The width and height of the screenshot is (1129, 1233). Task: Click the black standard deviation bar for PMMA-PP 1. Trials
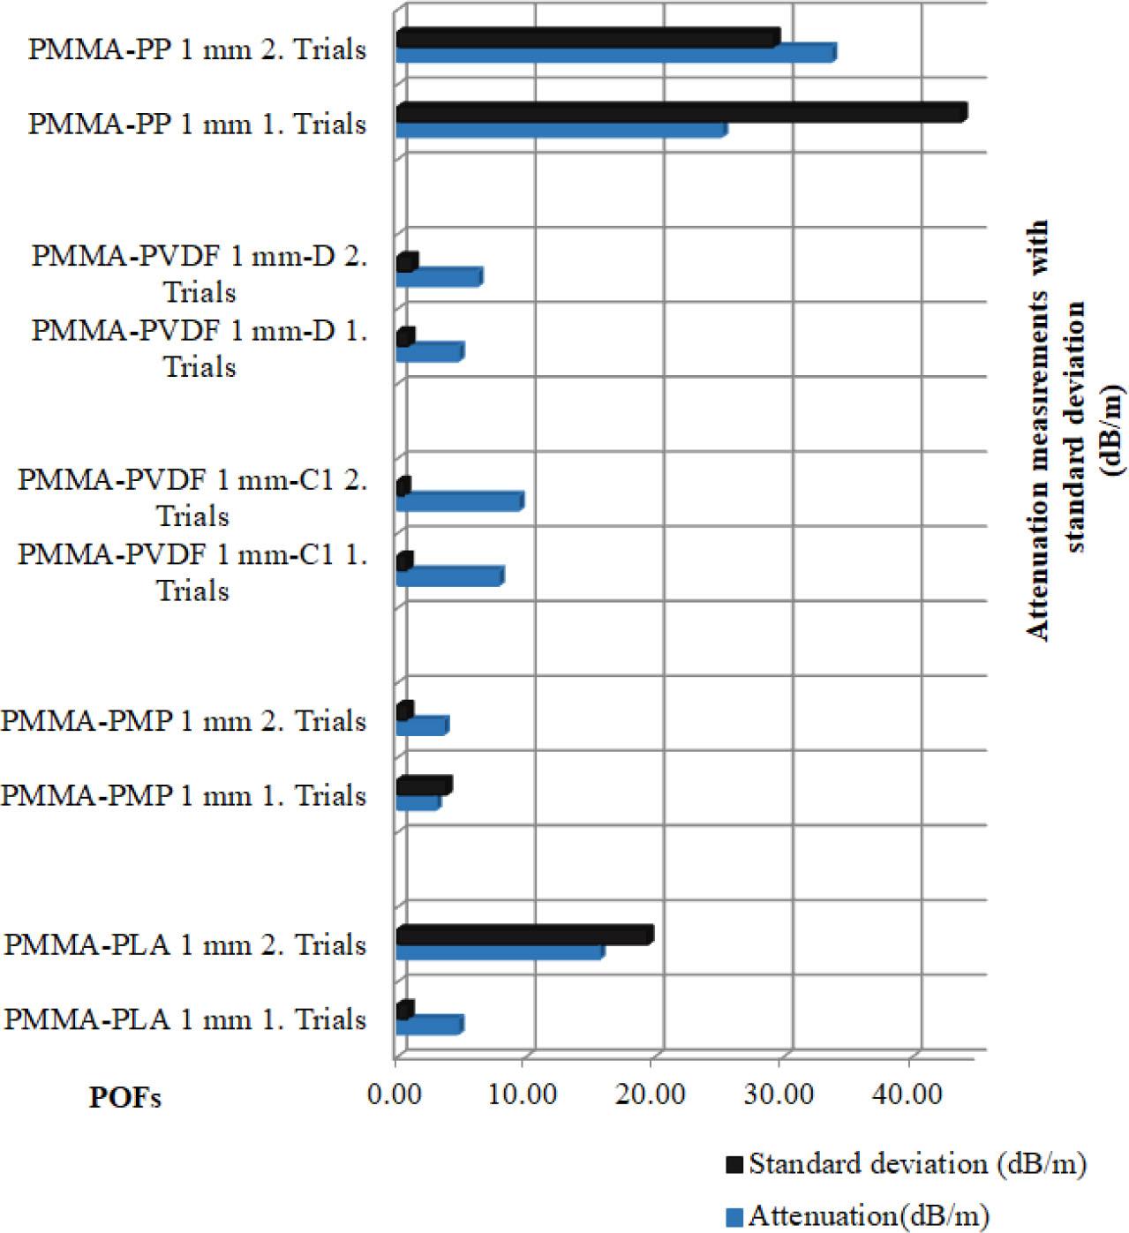680,113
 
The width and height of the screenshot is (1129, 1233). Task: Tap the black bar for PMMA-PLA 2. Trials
524,936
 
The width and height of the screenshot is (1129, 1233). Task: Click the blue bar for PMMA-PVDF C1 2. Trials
459,502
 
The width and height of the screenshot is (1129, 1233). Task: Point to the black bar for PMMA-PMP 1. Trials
424,786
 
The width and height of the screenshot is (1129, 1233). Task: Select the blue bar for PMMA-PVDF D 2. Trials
438,278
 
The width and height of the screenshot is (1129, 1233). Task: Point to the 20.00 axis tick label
651,1094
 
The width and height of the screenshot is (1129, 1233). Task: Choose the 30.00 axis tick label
779,1094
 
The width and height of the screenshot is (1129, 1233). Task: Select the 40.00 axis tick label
908,1094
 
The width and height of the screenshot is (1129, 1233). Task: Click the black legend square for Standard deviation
734,1165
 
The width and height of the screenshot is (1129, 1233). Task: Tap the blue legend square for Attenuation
734,1218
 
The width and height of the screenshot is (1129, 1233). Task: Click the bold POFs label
124,1098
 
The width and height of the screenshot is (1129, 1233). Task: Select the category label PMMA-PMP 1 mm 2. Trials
184,721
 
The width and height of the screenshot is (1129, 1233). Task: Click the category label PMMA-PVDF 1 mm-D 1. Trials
199,349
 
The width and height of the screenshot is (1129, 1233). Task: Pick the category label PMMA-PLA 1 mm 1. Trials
185,1020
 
